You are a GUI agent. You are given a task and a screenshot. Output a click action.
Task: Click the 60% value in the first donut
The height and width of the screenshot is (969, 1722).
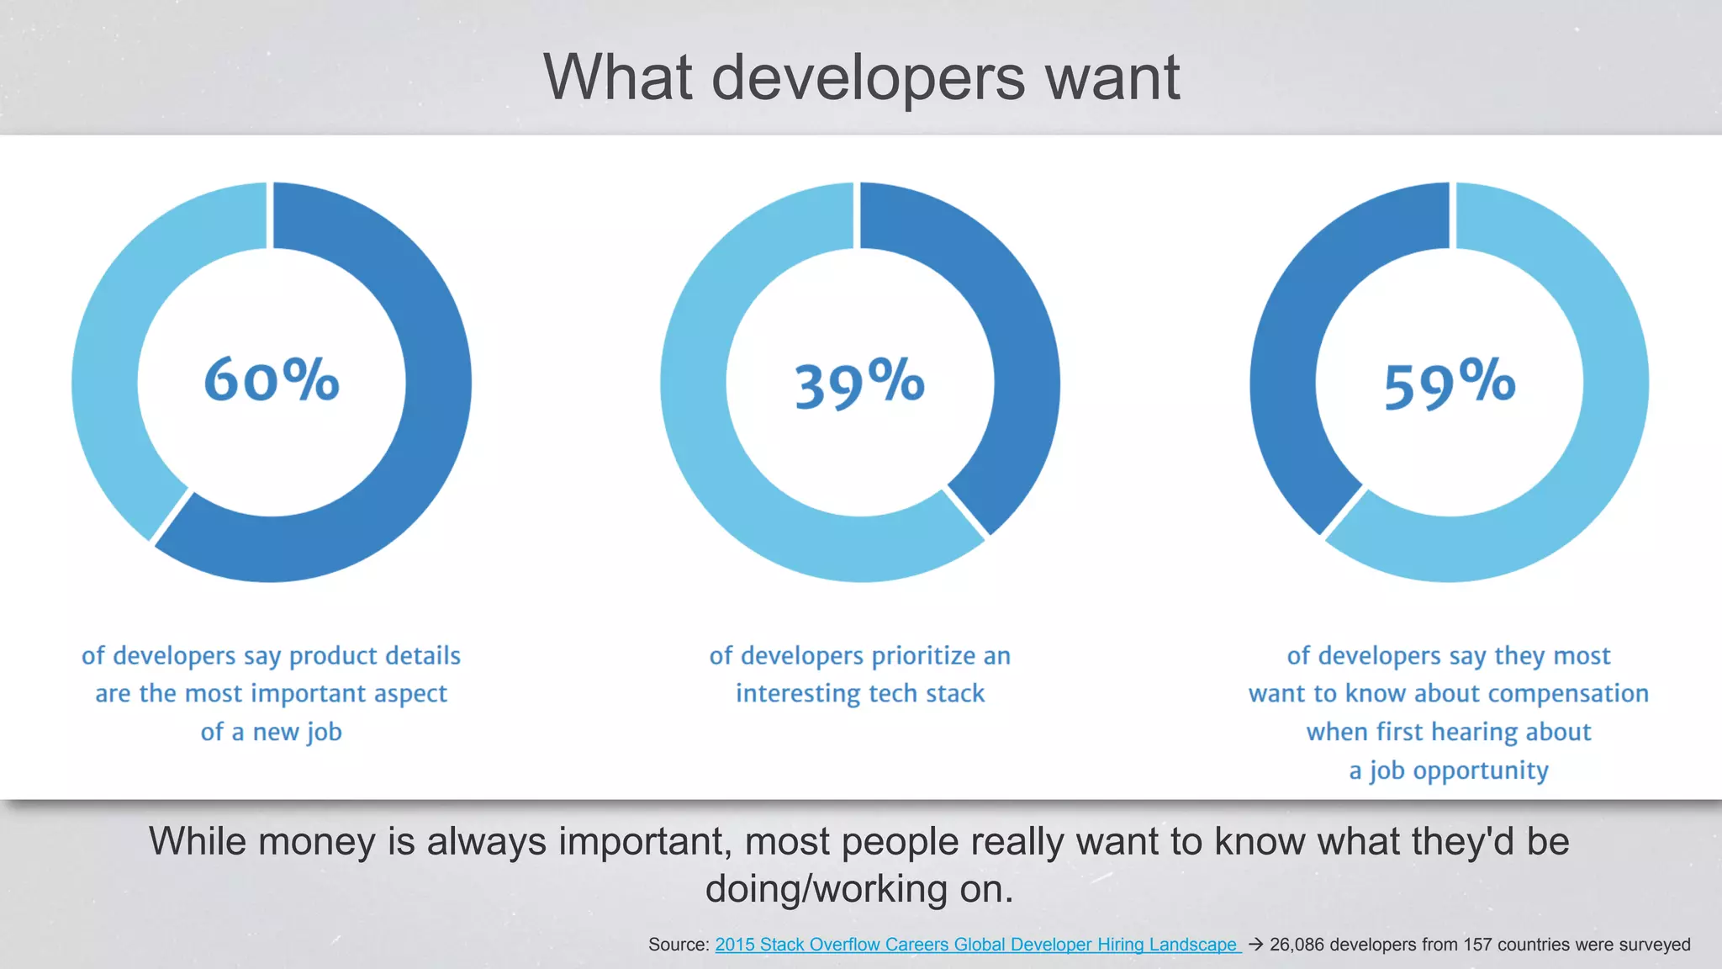pyautogui.click(x=272, y=380)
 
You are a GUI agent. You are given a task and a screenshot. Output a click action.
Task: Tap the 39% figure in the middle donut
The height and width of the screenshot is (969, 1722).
pyautogui.click(x=859, y=384)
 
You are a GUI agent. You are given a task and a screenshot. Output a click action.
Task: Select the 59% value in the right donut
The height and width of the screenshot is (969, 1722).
pyautogui.click(x=1450, y=384)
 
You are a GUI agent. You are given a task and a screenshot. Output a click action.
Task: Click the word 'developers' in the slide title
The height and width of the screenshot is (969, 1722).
pyautogui.click(x=868, y=77)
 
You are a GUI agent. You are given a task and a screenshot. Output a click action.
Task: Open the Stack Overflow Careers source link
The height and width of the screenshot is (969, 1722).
pyautogui.click(x=975, y=945)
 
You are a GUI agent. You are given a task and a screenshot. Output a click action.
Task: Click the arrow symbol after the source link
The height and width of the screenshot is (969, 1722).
pyautogui.click(x=1255, y=945)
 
